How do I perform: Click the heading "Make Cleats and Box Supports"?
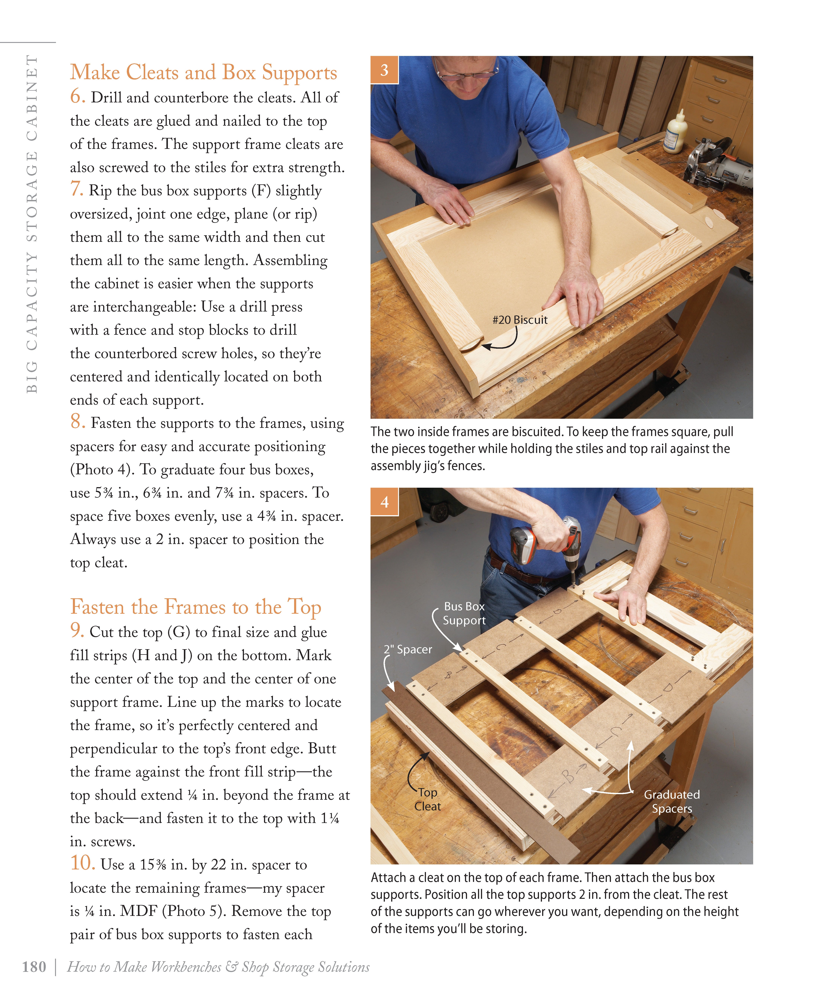click(203, 73)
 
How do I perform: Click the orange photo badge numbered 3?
click(384, 70)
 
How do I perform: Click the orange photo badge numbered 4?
click(384, 502)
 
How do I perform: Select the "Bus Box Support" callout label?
click(463, 613)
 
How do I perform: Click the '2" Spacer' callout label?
click(408, 649)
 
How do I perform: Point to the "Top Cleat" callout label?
click(427, 799)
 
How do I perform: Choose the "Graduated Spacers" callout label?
click(672, 801)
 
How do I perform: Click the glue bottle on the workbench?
click(676, 131)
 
